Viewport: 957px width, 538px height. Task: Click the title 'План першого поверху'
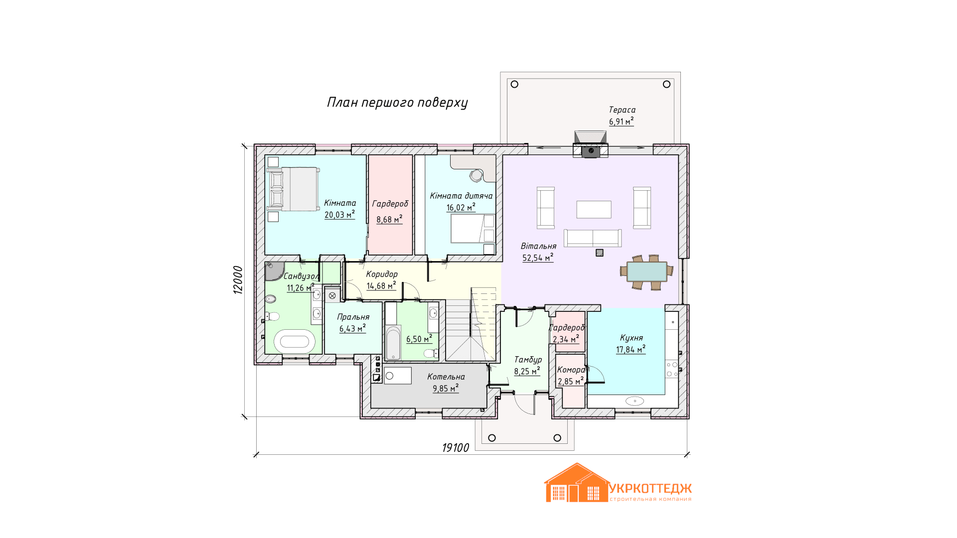[x=397, y=103]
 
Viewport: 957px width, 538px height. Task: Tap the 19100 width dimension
[x=456, y=448]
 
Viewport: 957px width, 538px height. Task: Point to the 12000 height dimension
[x=238, y=280]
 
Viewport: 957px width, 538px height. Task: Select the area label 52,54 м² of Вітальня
[x=538, y=258]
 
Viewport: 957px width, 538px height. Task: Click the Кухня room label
[x=632, y=338]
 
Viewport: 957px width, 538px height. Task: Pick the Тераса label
[x=622, y=110]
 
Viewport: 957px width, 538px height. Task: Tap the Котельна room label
[x=446, y=377]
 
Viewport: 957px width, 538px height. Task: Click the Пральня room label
[x=353, y=317]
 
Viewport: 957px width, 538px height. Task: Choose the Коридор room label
[x=382, y=274]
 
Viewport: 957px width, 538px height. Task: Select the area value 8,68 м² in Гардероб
[x=389, y=219]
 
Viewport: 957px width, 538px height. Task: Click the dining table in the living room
[x=647, y=271]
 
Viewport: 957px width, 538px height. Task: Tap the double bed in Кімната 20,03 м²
[x=293, y=189]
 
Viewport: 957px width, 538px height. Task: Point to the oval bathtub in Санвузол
[x=295, y=341]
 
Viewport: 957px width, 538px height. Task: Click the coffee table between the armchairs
[x=594, y=209]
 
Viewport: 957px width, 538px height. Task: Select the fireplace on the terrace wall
[x=591, y=144]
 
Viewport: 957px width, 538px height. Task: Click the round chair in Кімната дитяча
[x=476, y=175]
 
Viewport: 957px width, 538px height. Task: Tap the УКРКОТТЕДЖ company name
[x=650, y=488]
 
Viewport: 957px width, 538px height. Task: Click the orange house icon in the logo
[x=577, y=483]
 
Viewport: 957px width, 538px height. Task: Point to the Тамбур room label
[x=528, y=360]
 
